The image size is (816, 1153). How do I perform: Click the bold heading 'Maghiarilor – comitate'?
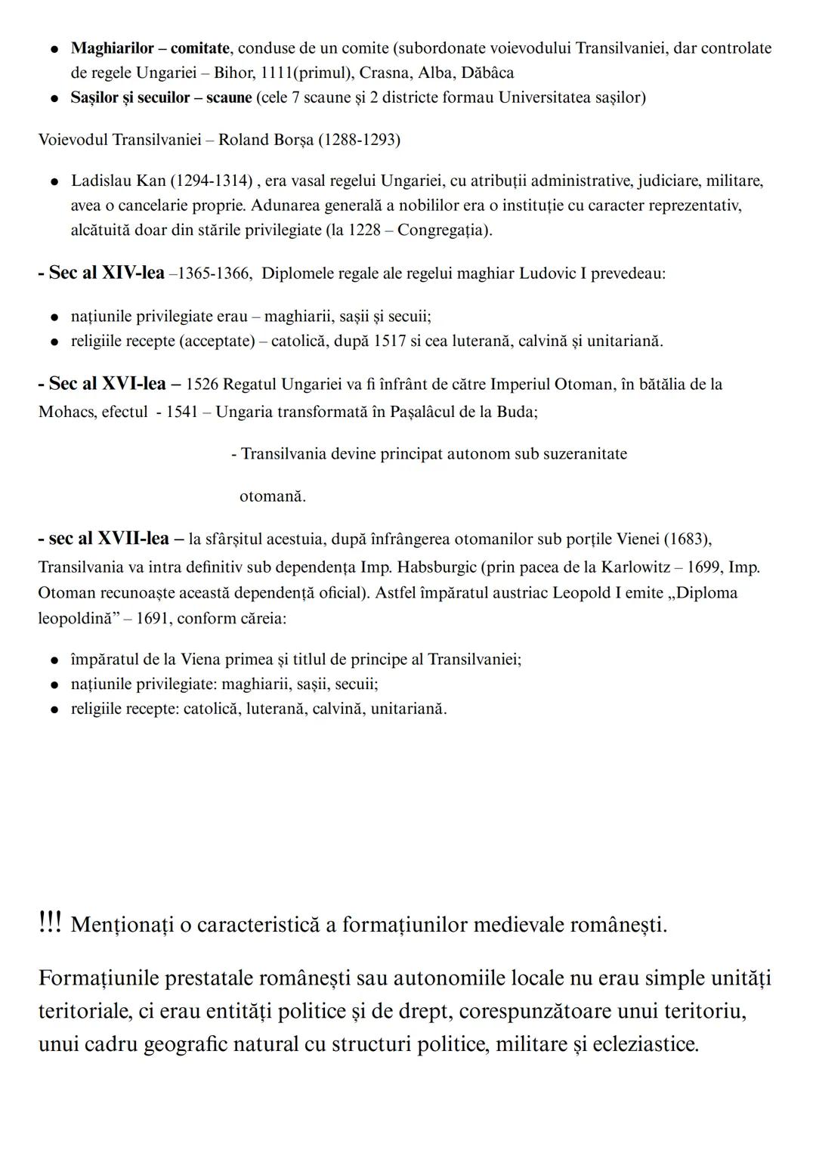(x=150, y=48)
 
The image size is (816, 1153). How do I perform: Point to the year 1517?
(x=391, y=341)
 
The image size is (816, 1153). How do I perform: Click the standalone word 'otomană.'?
(x=273, y=496)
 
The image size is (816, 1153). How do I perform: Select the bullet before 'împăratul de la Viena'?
(x=54, y=660)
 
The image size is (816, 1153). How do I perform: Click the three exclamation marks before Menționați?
(x=50, y=923)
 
